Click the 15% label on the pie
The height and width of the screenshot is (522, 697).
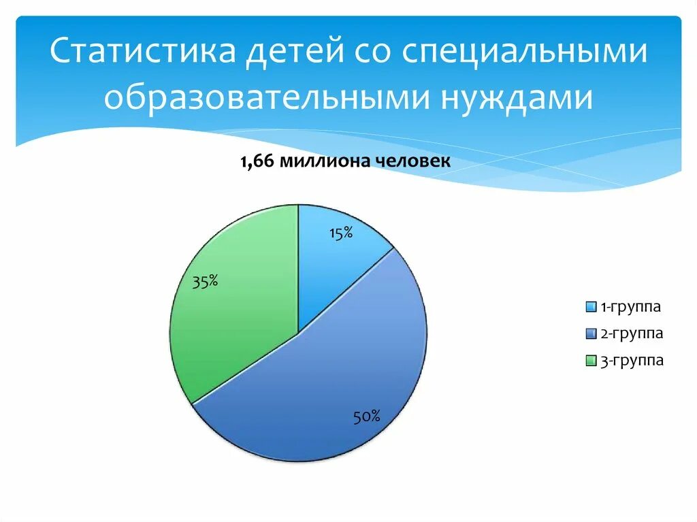pos(340,233)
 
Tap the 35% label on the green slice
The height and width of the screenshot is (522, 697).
pos(205,281)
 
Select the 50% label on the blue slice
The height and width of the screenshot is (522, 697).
pos(366,417)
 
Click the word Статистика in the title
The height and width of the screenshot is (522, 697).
pos(137,53)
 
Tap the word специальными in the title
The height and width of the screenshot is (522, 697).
pos(523,53)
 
